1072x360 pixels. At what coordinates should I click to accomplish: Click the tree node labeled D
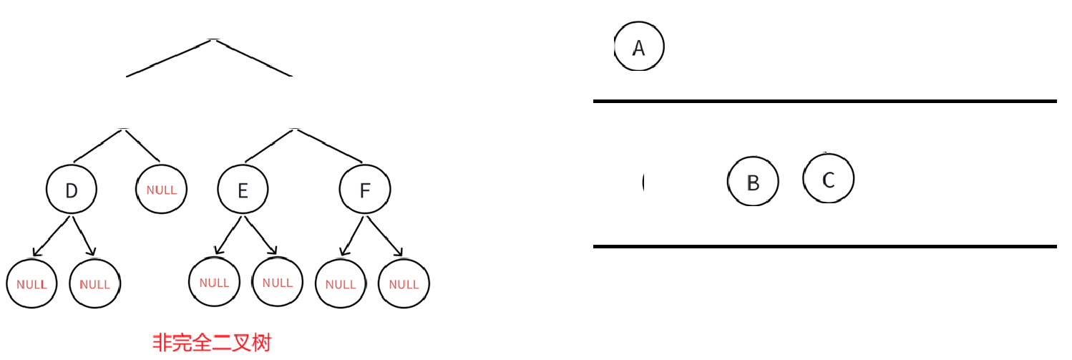tap(72, 190)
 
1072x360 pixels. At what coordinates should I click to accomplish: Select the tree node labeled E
tap(243, 190)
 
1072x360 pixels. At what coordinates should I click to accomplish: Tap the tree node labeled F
tap(365, 190)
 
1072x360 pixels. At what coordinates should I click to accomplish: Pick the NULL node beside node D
tap(162, 190)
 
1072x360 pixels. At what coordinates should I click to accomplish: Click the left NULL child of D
tap(31, 283)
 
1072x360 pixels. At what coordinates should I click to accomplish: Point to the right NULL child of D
tap(95, 283)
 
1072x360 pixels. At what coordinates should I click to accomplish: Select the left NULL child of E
tap(214, 282)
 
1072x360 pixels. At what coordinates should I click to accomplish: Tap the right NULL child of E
tap(278, 282)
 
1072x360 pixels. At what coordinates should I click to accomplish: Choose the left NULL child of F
tap(341, 283)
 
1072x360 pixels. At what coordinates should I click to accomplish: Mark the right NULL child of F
tap(404, 283)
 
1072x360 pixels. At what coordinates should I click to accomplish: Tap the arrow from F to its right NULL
tap(386, 235)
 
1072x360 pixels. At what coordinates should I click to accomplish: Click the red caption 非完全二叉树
tap(212, 342)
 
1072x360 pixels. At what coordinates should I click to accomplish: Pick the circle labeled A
tap(639, 47)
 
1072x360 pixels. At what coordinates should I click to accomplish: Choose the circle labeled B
tap(753, 182)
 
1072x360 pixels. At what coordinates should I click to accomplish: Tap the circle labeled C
tap(829, 179)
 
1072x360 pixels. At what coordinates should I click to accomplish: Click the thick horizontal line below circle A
tap(824, 102)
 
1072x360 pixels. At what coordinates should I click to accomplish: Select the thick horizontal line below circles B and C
tap(824, 246)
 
